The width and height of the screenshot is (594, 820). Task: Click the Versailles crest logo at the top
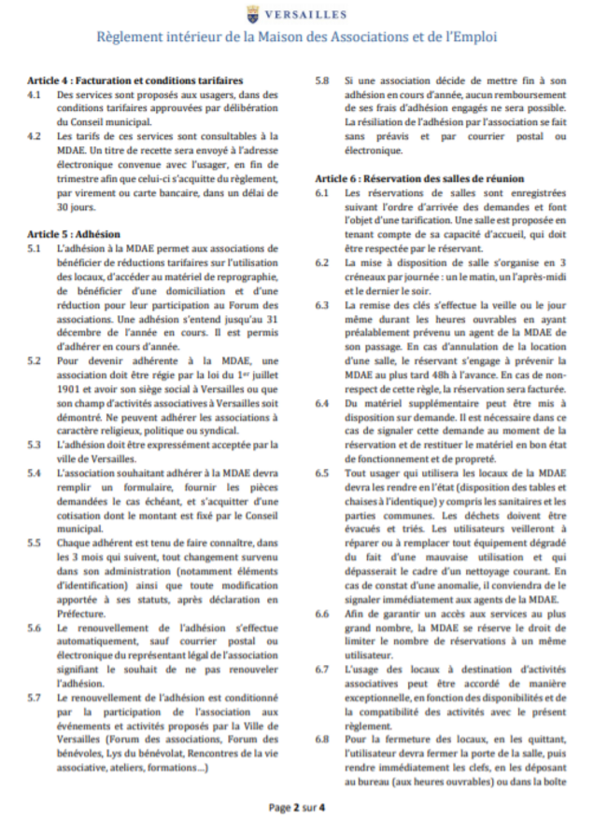(x=254, y=13)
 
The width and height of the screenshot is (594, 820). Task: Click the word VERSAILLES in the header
(x=307, y=14)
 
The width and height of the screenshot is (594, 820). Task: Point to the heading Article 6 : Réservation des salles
(x=419, y=177)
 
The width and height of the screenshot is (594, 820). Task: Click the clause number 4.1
(x=35, y=94)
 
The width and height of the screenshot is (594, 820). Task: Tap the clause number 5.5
(x=35, y=542)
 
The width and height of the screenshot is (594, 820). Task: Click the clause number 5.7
(x=35, y=698)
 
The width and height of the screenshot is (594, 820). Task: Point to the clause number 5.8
(x=322, y=81)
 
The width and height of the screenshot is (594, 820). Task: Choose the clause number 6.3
(x=322, y=305)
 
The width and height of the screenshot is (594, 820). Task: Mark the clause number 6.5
(x=322, y=473)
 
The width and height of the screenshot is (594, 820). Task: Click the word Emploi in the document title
(x=471, y=37)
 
